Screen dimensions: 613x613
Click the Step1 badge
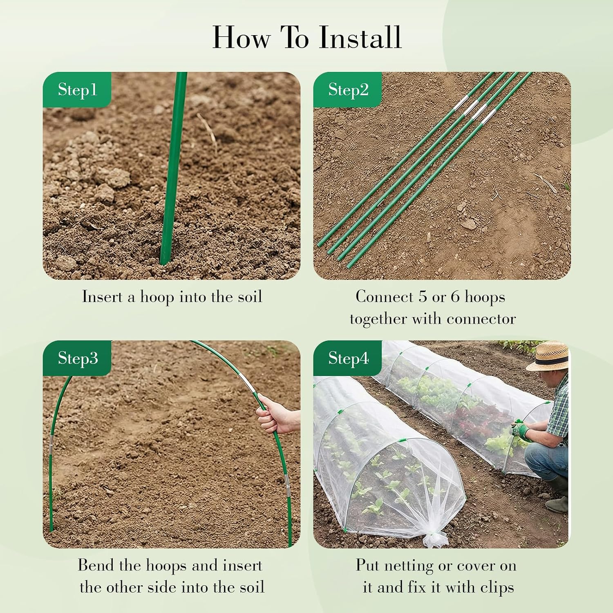pyautogui.click(x=77, y=90)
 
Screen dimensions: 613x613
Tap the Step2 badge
pyautogui.click(x=348, y=90)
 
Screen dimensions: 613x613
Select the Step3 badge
pyautogui.click(x=77, y=358)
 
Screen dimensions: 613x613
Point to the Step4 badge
pyautogui.click(x=348, y=358)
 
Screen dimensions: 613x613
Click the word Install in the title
pyautogui.click(x=360, y=37)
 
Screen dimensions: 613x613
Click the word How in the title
pyautogui.click(x=241, y=37)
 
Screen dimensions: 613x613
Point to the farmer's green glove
pyautogui.click(x=520, y=429)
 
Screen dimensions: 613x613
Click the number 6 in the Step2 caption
pyautogui.click(x=455, y=297)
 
